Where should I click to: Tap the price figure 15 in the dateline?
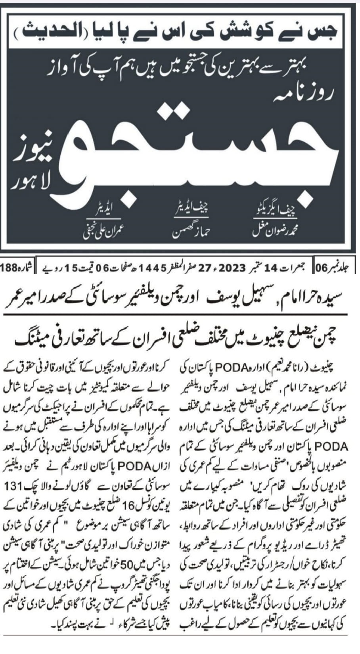pos(69,267)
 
